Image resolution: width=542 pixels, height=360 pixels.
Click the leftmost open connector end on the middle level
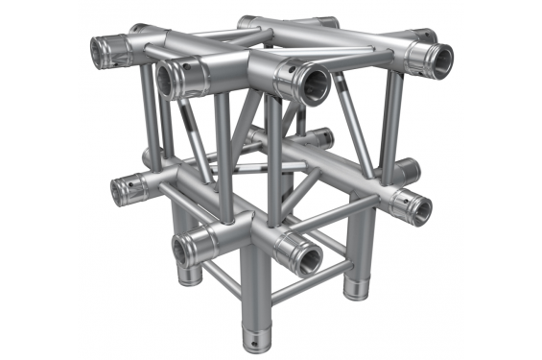click(122, 191)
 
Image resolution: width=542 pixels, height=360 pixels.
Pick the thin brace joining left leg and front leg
click(223, 287)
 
